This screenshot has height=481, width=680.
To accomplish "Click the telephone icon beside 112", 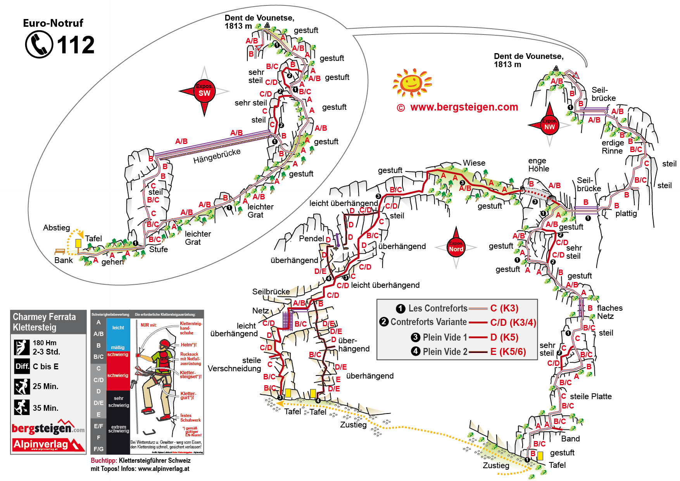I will (39, 44).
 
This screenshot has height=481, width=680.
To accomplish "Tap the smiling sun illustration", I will (412, 83).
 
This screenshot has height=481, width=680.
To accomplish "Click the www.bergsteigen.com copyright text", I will (457, 107).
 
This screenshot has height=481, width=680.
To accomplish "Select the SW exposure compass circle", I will (204, 92).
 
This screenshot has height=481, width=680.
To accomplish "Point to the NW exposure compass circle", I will (549, 125).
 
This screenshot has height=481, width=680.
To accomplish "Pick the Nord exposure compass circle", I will (456, 248).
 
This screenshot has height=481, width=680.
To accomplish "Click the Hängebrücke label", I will (217, 156).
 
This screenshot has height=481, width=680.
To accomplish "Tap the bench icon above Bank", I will (60, 251).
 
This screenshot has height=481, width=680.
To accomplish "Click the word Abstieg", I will (57, 228).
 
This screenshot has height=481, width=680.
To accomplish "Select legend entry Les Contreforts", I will (438, 308).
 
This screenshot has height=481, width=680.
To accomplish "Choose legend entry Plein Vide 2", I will (445, 351).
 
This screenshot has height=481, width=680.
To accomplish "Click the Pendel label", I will (311, 238).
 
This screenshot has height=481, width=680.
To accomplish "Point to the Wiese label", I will (474, 163).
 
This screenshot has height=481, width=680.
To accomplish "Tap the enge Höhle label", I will (538, 164).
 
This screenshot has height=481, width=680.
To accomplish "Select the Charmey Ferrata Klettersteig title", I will (44, 322).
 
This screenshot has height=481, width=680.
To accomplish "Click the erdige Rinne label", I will (613, 147).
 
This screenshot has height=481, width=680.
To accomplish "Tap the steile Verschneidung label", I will (235, 364).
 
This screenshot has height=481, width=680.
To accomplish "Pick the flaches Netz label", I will (609, 312).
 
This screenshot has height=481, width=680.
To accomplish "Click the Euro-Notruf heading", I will (53, 23).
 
